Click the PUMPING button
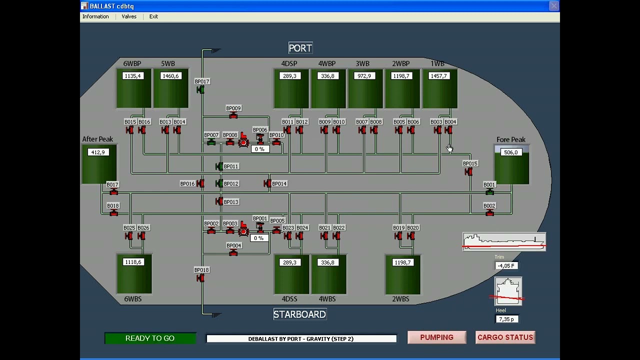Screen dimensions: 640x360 [x=437, y=337]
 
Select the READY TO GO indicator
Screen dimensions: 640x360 [x=150, y=338]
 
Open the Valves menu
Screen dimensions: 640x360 [x=129, y=16]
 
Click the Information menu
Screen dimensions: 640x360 [x=95, y=16]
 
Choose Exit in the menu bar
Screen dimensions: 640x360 [x=153, y=16]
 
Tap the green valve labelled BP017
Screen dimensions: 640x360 [x=200, y=90]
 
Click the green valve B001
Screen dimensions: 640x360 [x=489, y=192]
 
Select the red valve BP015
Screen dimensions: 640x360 [x=468, y=172]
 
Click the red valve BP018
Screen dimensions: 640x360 [x=200, y=278]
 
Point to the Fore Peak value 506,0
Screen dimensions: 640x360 [x=511, y=152]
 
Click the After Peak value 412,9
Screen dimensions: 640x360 [x=98, y=152]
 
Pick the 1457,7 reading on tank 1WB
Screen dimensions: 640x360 [x=439, y=76]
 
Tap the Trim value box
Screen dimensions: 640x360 [x=506, y=265]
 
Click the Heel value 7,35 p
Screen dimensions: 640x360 [x=506, y=319]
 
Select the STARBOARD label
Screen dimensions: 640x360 [x=299, y=314]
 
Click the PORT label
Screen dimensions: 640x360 [x=300, y=48]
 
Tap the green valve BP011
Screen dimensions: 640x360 [x=219, y=166]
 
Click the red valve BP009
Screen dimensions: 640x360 [x=233, y=115]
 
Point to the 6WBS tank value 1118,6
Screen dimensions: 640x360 [x=133, y=262]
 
